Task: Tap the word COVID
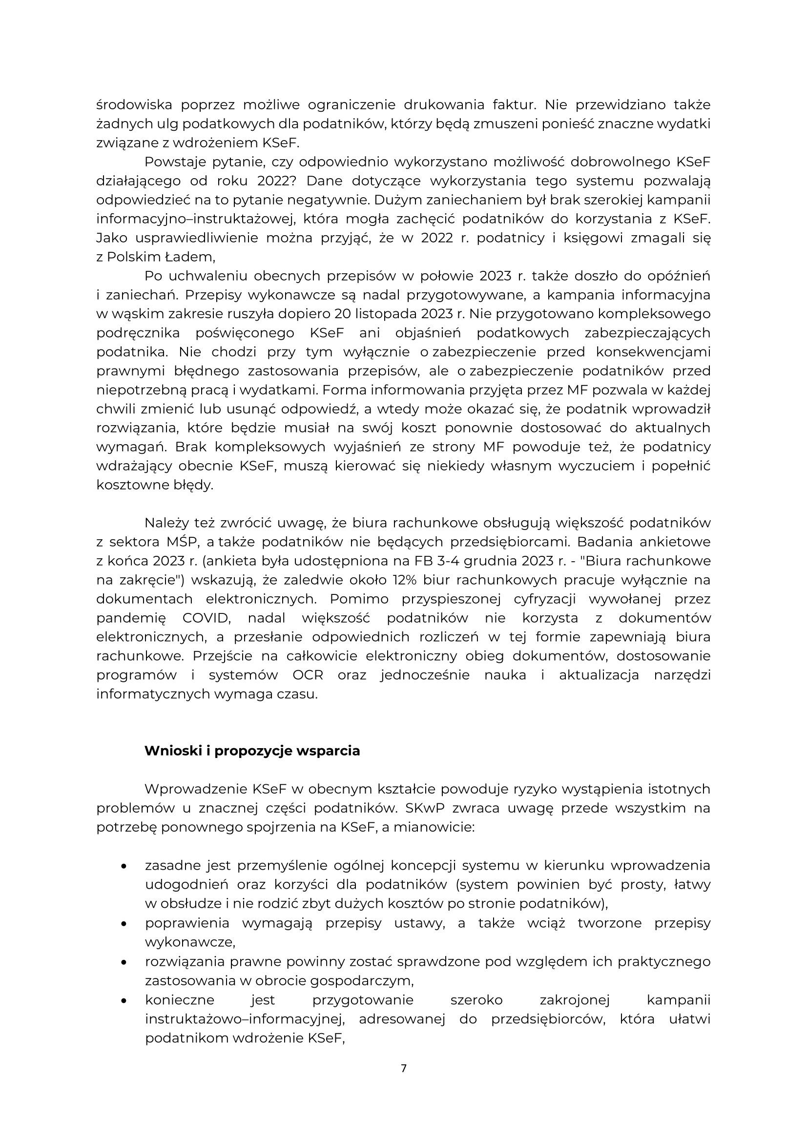206,618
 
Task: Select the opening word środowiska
134,105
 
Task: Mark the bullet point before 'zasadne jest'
123,866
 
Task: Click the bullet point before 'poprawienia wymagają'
123,923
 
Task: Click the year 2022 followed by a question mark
276,181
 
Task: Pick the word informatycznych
153,694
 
